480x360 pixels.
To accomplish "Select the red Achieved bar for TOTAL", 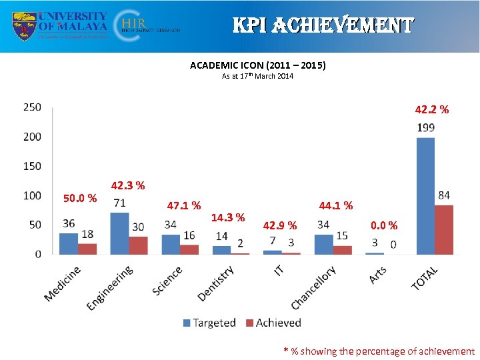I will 443,229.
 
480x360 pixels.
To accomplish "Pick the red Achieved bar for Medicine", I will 87,249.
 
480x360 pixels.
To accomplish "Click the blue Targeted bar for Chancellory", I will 323,244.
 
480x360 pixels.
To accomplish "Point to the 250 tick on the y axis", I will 32,107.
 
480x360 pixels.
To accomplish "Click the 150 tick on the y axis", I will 32,166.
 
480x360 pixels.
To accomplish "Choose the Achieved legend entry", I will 273,323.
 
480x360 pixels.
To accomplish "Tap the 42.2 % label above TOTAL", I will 431,109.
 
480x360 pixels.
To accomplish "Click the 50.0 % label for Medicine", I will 80,198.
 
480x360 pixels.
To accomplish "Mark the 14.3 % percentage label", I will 228,217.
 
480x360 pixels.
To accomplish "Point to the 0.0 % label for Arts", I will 384,226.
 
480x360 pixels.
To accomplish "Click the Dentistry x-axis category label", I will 216,283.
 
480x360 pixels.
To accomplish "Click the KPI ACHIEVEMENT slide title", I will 323,26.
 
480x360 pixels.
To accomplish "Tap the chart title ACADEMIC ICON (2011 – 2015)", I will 257,65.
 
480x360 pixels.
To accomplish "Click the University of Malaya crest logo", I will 25,26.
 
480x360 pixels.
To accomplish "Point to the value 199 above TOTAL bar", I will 426,127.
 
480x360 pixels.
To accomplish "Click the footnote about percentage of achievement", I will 379,351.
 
